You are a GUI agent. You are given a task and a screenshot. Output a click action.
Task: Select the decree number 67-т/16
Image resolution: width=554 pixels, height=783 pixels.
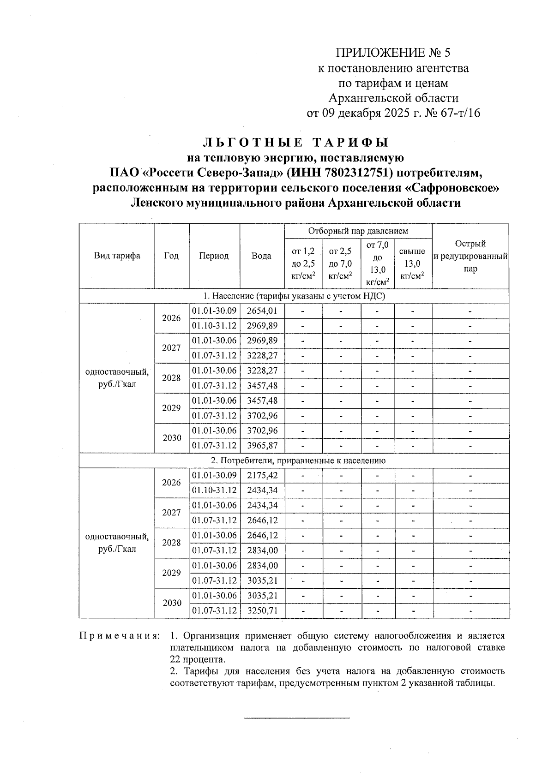pos(461,113)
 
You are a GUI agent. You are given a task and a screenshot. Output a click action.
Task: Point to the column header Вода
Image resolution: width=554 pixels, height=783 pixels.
pos(261,256)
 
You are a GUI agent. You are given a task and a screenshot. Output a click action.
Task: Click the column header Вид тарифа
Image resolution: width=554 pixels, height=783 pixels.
pos(117,256)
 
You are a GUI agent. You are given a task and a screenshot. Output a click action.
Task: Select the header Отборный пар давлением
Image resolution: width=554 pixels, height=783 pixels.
pos(358,231)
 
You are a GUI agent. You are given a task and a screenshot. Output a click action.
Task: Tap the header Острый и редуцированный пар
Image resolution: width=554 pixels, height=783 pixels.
pos(470,256)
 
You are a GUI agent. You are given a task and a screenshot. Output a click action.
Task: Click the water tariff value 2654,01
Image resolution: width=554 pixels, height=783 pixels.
pos(262,311)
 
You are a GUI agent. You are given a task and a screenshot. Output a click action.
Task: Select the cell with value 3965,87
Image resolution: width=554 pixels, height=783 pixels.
pos(262,446)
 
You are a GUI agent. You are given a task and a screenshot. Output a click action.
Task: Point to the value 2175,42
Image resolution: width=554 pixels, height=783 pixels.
pos(262,475)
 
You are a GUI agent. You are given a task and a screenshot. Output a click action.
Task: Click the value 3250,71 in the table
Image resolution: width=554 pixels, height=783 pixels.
pos(262,610)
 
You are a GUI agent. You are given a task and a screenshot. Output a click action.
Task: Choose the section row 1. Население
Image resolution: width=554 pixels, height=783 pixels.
pos(294,296)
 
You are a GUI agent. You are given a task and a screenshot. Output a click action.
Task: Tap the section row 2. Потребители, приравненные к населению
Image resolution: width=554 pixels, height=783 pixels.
pos(294,460)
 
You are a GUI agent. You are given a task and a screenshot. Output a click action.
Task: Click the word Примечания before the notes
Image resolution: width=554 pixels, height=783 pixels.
pos(120,636)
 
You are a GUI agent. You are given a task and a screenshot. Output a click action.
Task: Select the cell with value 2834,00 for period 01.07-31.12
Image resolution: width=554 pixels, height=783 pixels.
pos(262,550)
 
